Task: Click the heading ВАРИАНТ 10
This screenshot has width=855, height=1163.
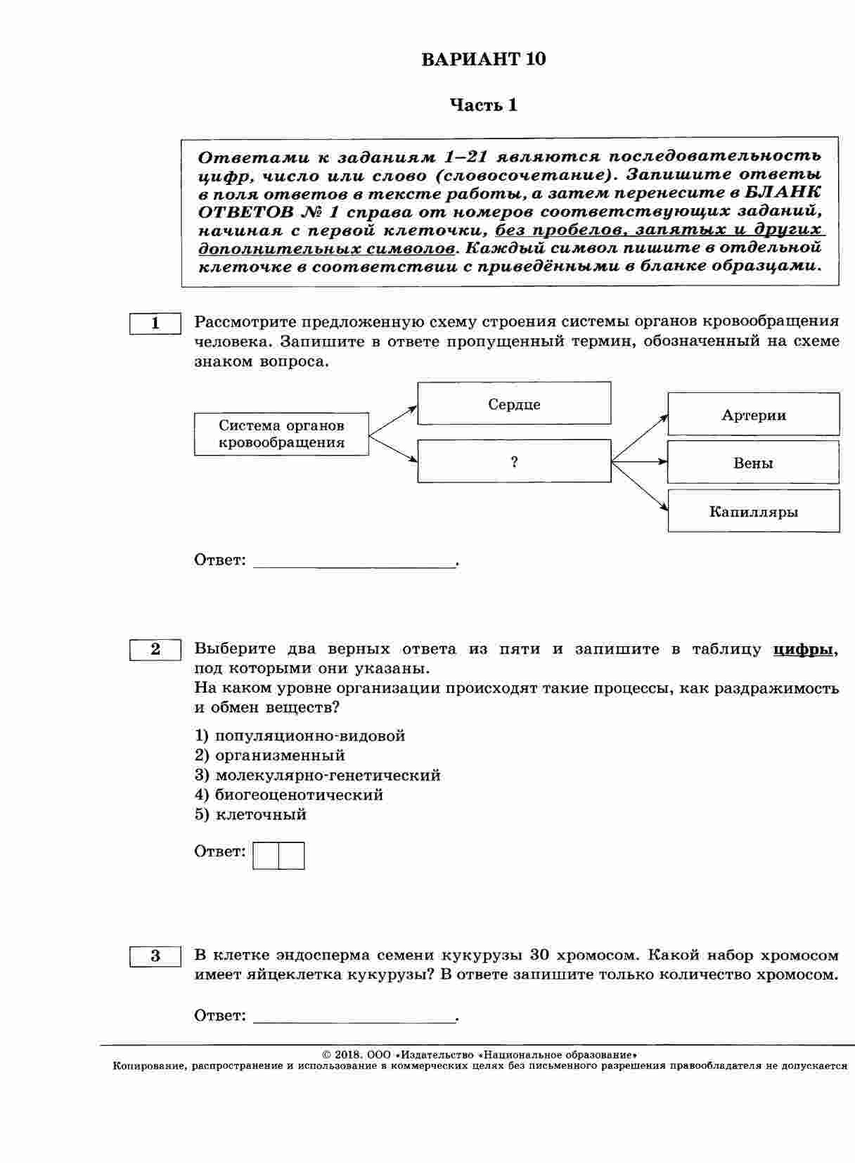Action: click(x=483, y=59)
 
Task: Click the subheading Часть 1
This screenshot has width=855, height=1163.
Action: click(x=483, y=105)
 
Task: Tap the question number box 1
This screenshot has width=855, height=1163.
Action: click(x=155, y=323)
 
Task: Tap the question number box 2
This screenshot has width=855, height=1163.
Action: click(x=155, y=650)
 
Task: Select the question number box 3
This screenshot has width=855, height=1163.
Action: click(x=155, y=956)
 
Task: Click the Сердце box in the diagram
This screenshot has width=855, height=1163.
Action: click(x=514, y=404)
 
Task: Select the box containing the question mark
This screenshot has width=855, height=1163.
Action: click(x=514, y=461)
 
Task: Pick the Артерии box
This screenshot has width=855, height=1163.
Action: click(x=753, y=415)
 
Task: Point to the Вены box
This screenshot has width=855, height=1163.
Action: click(x=753, y=463)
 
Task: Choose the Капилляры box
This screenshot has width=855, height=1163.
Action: click(x=753, y=511)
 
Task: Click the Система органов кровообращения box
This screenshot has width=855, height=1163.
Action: click(x=281, y=434)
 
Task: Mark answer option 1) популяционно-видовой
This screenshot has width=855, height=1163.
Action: click(x=300, y=736)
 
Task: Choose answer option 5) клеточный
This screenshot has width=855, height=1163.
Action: click(x=251, y=815)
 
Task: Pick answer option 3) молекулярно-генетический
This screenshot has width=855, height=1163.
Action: click(x=318, y=776)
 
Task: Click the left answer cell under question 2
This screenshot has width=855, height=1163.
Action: click(x=266, y=856)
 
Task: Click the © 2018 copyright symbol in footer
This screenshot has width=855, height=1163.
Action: click(x=326, y=1055)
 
